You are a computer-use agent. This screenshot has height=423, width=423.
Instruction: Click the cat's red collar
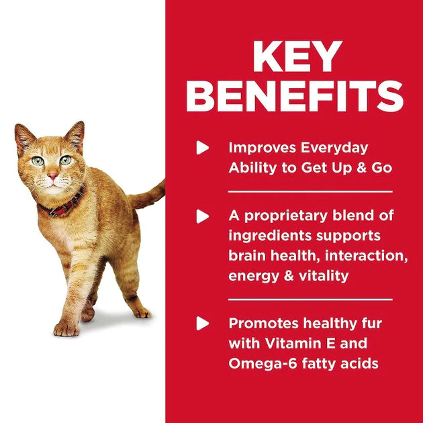click(64, 206)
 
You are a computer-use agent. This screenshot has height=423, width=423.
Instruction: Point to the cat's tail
click(151, 195)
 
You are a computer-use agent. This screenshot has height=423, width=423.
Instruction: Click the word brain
click(249, 256)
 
